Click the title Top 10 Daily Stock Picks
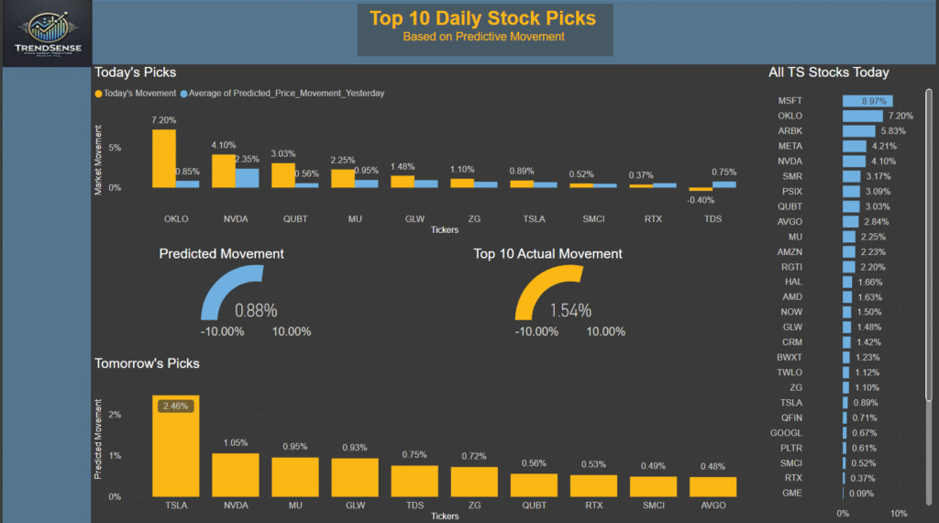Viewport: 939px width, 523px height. (482, 18)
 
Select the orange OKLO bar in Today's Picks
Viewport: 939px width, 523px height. (163, 158)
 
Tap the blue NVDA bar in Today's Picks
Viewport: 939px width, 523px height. (247, 177)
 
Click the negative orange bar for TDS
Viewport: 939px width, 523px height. (701, 189)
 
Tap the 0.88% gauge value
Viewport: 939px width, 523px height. (256, 310)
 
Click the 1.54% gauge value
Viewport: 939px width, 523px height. (570, 310)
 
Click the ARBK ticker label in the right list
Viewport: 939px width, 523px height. (790, 130)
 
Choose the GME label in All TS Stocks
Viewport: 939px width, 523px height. (790, 493)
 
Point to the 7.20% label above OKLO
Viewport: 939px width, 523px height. (163, 120)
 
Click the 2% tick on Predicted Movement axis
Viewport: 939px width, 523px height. (115, 414)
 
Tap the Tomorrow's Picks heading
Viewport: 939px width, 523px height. (147, 363)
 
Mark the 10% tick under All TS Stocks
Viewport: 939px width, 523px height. (899, 513)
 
